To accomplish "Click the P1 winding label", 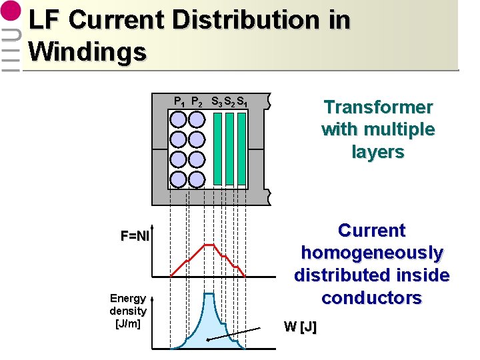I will tap(179, 103).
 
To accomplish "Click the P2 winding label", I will tap(197, 103).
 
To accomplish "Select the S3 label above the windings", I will tap(216, 103).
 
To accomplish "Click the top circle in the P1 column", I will tap(179, 119).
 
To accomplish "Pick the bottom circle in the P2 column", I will tap(197, 179).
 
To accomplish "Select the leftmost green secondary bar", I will tap(217, 148).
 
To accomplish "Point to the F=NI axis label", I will tap(135, 235).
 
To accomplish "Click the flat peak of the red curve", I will tap(209, 245).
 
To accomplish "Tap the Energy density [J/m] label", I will tap(128, 311).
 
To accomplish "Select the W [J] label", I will tap(300, 327).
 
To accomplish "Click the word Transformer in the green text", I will tap(378, 107).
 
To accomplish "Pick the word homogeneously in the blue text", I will tap(371, 253).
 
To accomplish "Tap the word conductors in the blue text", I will tap(371, 298).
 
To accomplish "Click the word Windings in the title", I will tap(87, 51).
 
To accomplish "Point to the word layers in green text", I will tap(378, 152).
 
